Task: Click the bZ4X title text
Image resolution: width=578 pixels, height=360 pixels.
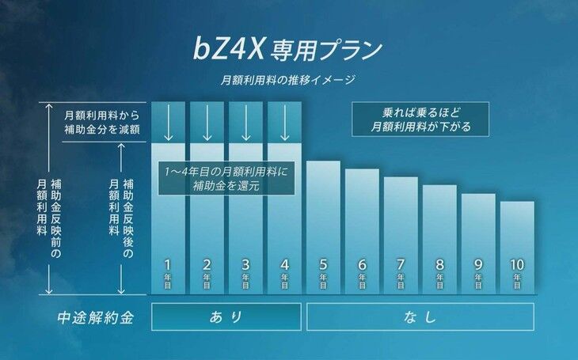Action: pyautogui.click(x=288, y=49)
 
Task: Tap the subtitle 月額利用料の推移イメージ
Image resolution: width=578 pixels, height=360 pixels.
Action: pyautogui.click(x=288, y=79)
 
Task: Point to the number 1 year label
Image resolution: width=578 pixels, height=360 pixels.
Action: pyautogui.click(x=168, y=265)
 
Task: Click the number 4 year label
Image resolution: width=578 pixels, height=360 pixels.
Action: pyautogui.click(x=284, y=265)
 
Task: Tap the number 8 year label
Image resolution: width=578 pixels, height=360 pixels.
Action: pyautogui.click(x=439, y=265)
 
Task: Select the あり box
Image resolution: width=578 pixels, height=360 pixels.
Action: pyautogui.click(x=226, y=316)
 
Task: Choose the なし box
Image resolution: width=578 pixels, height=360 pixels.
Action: pyautogui.click(x=420, y=316)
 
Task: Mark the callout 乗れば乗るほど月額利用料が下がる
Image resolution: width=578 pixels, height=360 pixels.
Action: pyautogui.click(x=421, y=119)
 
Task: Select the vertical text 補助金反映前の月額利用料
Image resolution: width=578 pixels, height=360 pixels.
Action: pyautogui.click(x=48, y=206)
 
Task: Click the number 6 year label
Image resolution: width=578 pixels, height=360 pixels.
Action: pyautogui.click(x=362, y=265)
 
